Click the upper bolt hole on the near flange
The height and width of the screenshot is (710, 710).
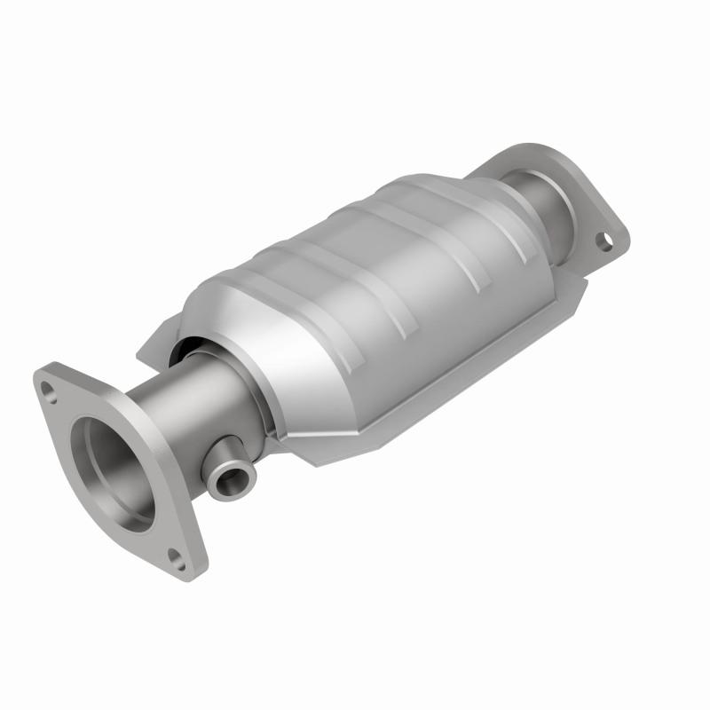(x=44, y=386)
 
